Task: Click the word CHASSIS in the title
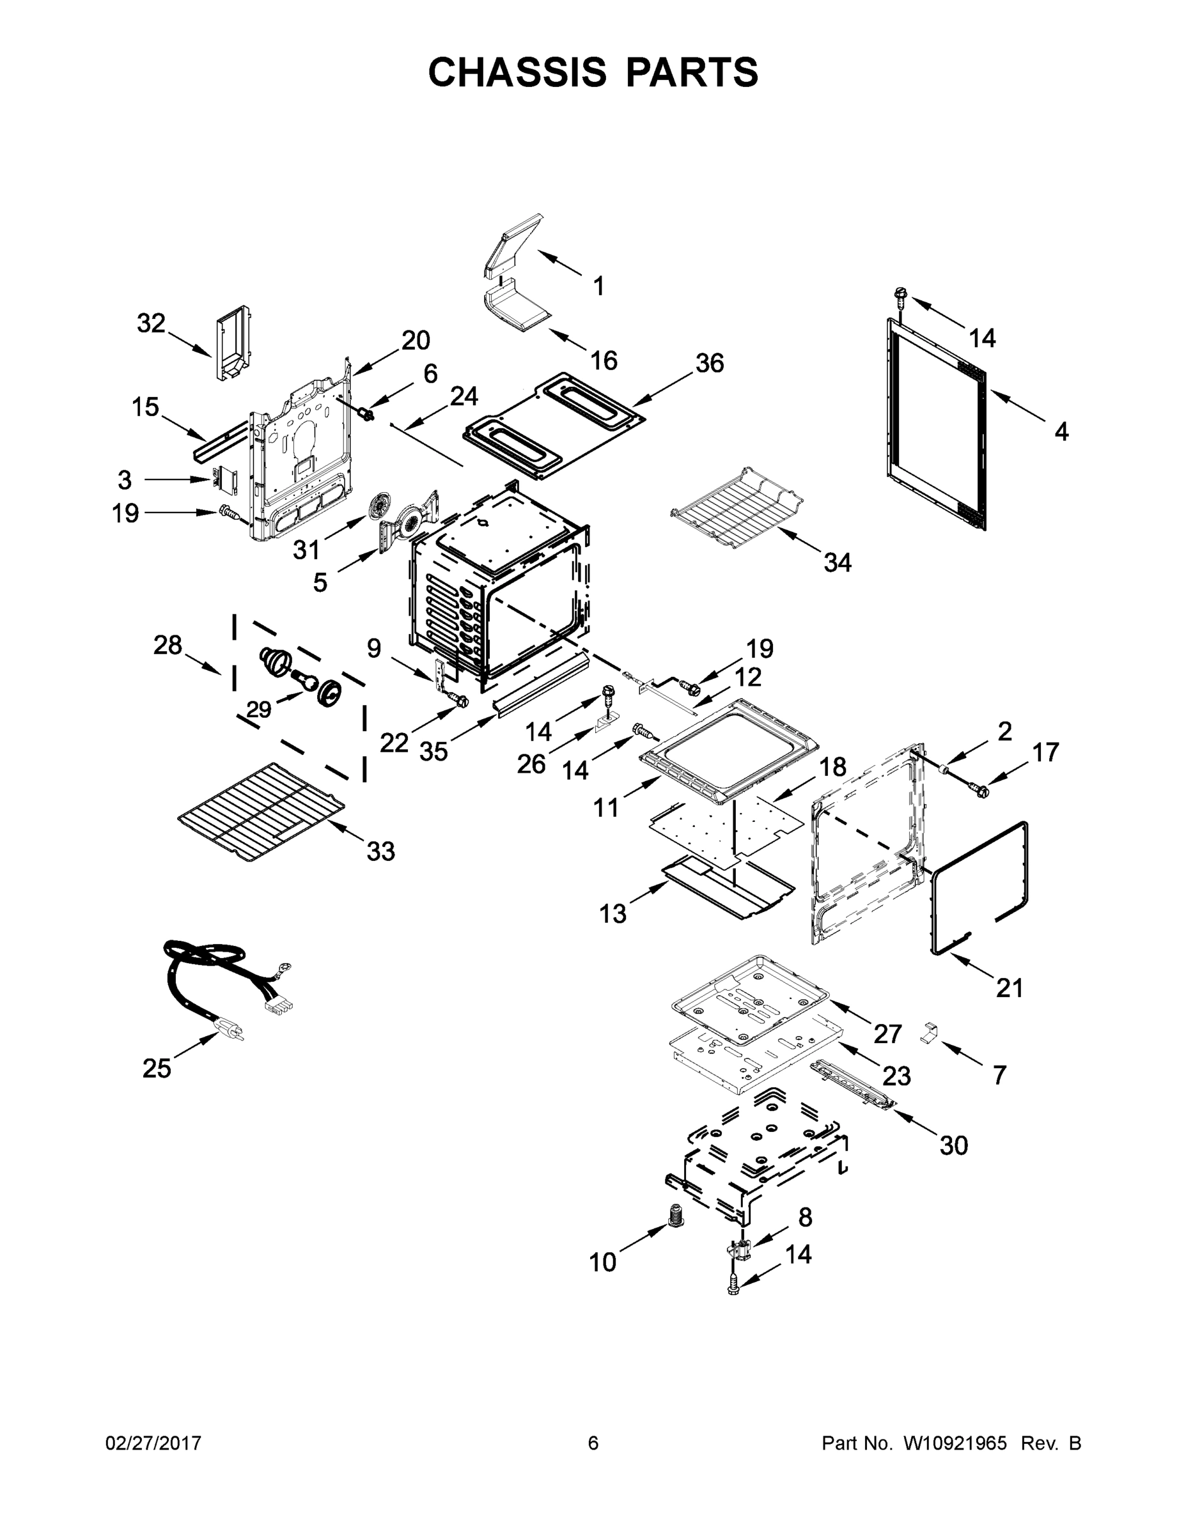click(x=517, y=72)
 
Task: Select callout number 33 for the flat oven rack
click(x=381, y=851)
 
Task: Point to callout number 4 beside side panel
click(x=1061, y=431)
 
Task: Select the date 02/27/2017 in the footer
click(x=153, y=1443)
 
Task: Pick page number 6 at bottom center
click(x=593, y=1443)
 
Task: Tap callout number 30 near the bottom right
click(x=953, y=1145)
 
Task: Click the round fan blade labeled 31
click(x=382, y=505)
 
